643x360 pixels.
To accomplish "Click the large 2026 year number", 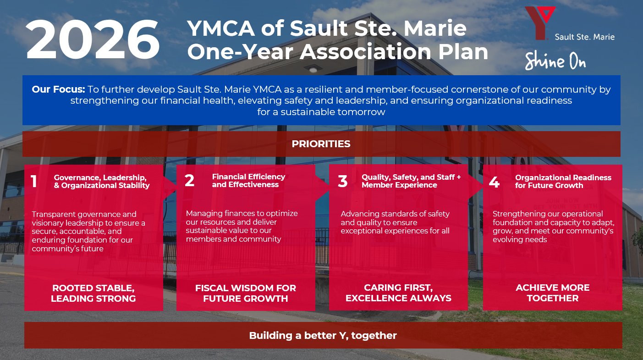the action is click(x=93, y=39).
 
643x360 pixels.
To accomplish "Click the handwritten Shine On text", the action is click(x=555, y=61).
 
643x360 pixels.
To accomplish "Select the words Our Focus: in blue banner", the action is click(x=58, y=89).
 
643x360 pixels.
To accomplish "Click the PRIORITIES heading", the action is click(x=321, y=144).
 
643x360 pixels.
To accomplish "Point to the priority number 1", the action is click(x=34, y=182).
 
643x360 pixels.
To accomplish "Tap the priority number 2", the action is click(x=189, y=180).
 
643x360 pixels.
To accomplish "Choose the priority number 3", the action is click(x=343, y=181).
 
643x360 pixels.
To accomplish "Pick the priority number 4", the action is click(x=494, y=182).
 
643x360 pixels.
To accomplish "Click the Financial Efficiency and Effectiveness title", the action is click(x=248, y=181).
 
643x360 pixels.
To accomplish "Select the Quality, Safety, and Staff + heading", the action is click(x=411, y=177).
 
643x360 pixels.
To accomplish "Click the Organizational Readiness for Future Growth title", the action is click(x=563, y=182).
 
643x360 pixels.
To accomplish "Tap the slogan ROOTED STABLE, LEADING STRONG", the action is click(x=93, y=294).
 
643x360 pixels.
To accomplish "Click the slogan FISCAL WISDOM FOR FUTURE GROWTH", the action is click(x=246, y=294).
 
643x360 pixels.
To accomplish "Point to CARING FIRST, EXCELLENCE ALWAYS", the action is click(x=398, y=293).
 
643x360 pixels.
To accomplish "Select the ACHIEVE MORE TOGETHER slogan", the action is click(x=553, y=293).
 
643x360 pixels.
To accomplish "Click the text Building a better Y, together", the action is click(x=323, y=336).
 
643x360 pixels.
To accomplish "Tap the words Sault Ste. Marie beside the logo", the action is click(x=585, y=37).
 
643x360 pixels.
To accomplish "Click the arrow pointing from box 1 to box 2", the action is click(x=170, y=188).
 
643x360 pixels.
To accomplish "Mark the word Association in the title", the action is click(x=365, y=52).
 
